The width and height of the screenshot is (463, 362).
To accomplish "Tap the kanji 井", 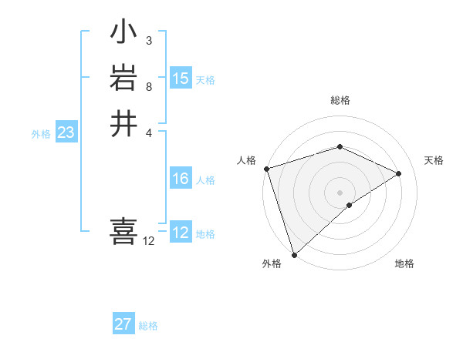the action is pyautogui.click(x=124, y=124).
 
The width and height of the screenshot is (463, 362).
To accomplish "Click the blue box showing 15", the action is pyautogui.click(x=181, y=79).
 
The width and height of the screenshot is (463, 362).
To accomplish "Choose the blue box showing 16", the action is pyautogui.click(x=181, y=179).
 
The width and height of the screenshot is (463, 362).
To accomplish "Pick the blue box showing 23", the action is pyautogui.click(x=66, y=132).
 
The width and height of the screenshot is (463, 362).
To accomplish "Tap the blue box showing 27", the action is pyautogui.click(x=123, y=324).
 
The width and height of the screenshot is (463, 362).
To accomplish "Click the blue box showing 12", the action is pyautogui.click(x=181, y=233).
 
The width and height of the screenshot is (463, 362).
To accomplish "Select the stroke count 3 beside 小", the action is pyautogui.click(x=148, y=40).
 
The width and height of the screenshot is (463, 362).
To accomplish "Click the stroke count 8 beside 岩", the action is pyautogui.click(x=148, y=85).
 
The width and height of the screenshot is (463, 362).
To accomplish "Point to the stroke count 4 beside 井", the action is pyautogui.click(x=148, y=132).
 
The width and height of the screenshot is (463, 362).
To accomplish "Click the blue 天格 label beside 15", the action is pyautogui.click(x=205, y=80).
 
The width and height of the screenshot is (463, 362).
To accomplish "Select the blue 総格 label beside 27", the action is pyautogui.click(x=148, y=326).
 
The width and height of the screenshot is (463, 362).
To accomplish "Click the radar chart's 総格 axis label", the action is pyautogui.click(x=340, y=101).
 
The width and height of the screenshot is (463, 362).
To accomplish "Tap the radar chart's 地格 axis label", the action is pyautogui.click(x=404, y=264).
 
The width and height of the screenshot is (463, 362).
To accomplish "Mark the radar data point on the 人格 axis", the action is pyautogui.click(x=266, y=169).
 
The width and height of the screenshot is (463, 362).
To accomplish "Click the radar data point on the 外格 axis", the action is pyautogui.click(x=295, y=253).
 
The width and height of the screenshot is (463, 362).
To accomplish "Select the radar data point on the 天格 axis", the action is pyautogui.click(x=399, y=173).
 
